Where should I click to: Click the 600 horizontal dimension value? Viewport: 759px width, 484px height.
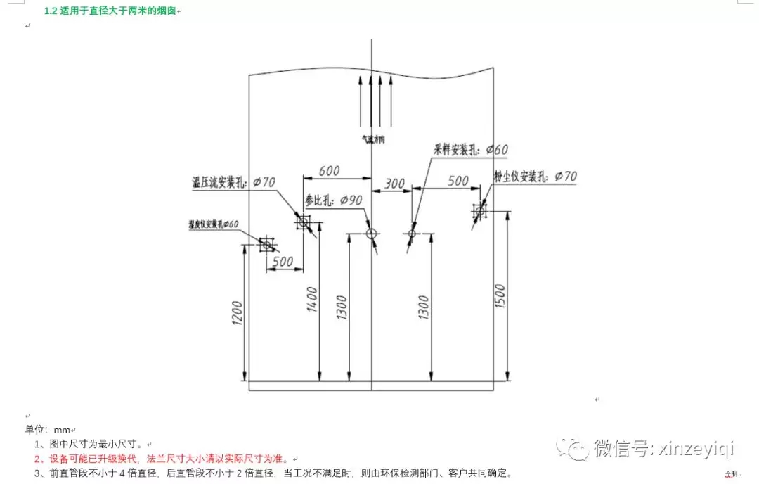click(330, 171)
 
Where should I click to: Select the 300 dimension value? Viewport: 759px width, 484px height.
click(395, 184)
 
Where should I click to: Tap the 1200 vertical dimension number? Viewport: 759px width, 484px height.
click(237, 314)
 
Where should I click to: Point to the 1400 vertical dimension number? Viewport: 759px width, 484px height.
click(313, 299)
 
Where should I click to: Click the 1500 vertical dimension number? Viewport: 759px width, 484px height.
click(500, 298)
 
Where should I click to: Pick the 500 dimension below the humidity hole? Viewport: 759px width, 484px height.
click(283, 262)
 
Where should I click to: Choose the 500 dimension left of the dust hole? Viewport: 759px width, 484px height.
click(458, 181)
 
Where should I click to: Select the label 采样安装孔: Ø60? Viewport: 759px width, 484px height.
click(470, 149)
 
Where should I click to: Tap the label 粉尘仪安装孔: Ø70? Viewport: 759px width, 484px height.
click(535, 176)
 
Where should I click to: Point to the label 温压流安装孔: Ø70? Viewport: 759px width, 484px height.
click(233, 182)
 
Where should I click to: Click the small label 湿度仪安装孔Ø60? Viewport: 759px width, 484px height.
click(213, 224)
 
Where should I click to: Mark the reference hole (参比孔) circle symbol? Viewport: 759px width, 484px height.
click(371, 233)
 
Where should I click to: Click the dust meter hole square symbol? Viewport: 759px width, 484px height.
click(480, 210)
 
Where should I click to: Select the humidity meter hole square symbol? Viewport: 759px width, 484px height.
click(266, 244)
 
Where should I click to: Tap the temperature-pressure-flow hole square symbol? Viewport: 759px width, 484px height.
click(304, 223)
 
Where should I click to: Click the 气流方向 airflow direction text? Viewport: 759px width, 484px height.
click(372, 139)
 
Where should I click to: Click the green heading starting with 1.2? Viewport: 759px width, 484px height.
click(110, 11)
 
